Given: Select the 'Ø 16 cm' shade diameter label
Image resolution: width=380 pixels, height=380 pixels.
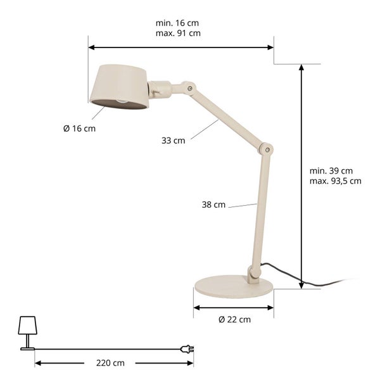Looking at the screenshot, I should click(80, 129).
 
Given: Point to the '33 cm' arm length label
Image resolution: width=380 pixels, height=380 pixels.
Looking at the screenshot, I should click(174, 141).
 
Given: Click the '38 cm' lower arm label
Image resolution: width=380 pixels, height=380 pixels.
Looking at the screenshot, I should click(214, 205).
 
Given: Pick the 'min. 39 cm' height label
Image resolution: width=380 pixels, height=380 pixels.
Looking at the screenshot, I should click(331, 170).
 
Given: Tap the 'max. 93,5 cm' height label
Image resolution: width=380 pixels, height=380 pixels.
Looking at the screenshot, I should click(336, 180).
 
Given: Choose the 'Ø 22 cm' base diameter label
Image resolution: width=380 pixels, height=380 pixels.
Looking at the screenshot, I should click(234, 320).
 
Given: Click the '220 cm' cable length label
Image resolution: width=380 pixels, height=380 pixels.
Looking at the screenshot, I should click(111, 363).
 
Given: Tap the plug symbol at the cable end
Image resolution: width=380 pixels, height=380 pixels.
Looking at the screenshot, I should click(187, 348).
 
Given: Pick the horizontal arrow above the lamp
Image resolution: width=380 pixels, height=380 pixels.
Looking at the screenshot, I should click(180, 47).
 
